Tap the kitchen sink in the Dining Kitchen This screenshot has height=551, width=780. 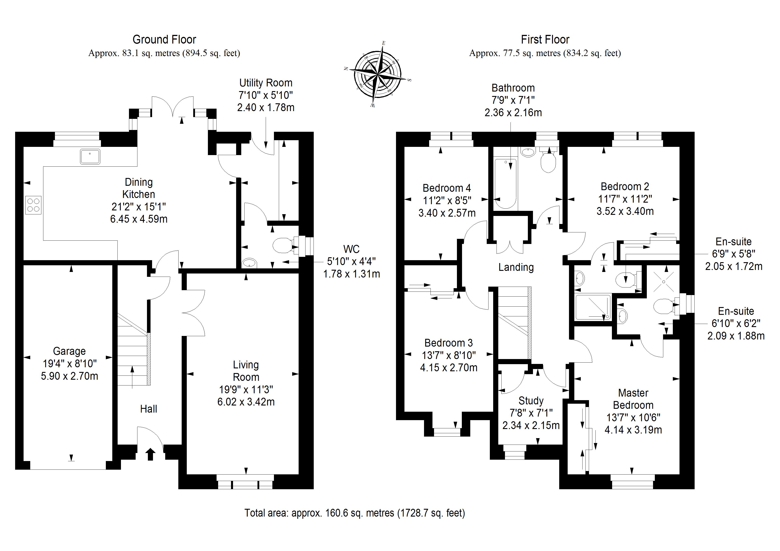90,156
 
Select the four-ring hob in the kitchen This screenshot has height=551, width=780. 33,205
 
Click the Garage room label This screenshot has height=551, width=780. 69,351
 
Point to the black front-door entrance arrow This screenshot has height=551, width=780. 151,454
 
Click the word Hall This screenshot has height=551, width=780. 149,409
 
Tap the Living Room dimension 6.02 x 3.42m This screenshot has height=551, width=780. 246,402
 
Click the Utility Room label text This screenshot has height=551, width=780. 266,83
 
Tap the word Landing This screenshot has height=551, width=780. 516,268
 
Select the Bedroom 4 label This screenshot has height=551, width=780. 447,188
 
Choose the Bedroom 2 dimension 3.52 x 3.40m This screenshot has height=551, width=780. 625,211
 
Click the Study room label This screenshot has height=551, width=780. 531,401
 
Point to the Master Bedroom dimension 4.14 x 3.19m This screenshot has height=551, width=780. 633,430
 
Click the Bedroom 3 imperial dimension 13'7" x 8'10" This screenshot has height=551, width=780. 449,355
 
